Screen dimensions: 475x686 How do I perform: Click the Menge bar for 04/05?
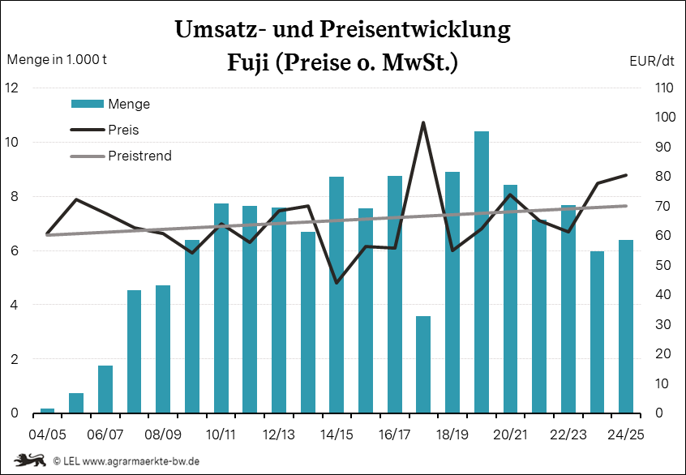coord(47,411)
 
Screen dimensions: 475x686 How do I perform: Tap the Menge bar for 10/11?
coord(221,308)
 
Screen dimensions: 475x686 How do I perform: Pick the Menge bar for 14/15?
coord(337,295)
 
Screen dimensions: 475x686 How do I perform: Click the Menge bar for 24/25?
coord(626,327)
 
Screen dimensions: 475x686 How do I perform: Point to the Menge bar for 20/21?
coord(510,299)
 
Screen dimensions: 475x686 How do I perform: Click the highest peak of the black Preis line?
coord(423,123)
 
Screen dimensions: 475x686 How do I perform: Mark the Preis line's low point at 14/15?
coord(337,283)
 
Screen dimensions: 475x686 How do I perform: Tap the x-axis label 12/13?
coord(278,435)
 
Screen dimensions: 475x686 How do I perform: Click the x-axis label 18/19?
coord(452,435)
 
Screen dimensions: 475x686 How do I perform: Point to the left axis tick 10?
coord(13,142)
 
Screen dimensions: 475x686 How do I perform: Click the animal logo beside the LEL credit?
coord(30,460)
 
